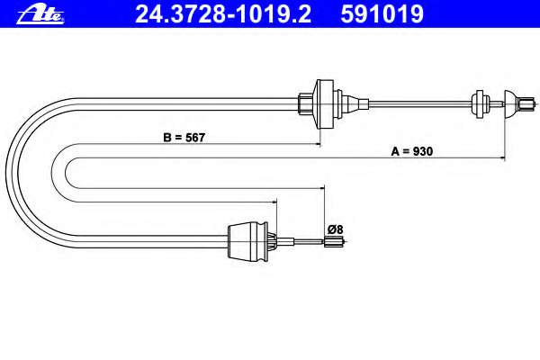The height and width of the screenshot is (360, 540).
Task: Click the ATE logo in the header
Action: (x=40, y=14)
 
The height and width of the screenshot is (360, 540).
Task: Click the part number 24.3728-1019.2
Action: (x=223, y=14)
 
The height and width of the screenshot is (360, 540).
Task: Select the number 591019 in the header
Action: (x=382, y=14)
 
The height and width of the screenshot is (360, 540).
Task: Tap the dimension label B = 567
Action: (x=184, y=138)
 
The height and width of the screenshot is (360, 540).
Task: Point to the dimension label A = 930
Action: (x=412, y=151)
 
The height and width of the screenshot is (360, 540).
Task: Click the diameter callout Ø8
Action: (x=335, y=229)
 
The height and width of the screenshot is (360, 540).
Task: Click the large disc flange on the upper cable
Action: (x=324, y=104)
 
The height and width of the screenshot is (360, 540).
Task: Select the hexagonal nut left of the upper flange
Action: (x=305, y=104)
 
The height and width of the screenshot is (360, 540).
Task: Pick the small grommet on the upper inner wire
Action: (x=480, y=104)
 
